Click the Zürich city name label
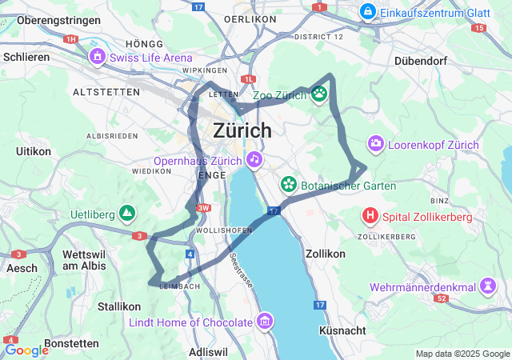pos(242,130)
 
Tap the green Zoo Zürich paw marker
pos(319,94)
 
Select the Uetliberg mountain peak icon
pos(126,213)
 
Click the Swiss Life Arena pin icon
pos(97,57)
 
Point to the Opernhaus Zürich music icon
pos(254,159)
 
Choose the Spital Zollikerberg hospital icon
pos(370,216)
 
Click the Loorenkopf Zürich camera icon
pos(375,144)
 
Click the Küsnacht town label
pos(342,330)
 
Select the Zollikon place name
pos(325,253)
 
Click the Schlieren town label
pos(26,57)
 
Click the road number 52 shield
pos(441,298)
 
